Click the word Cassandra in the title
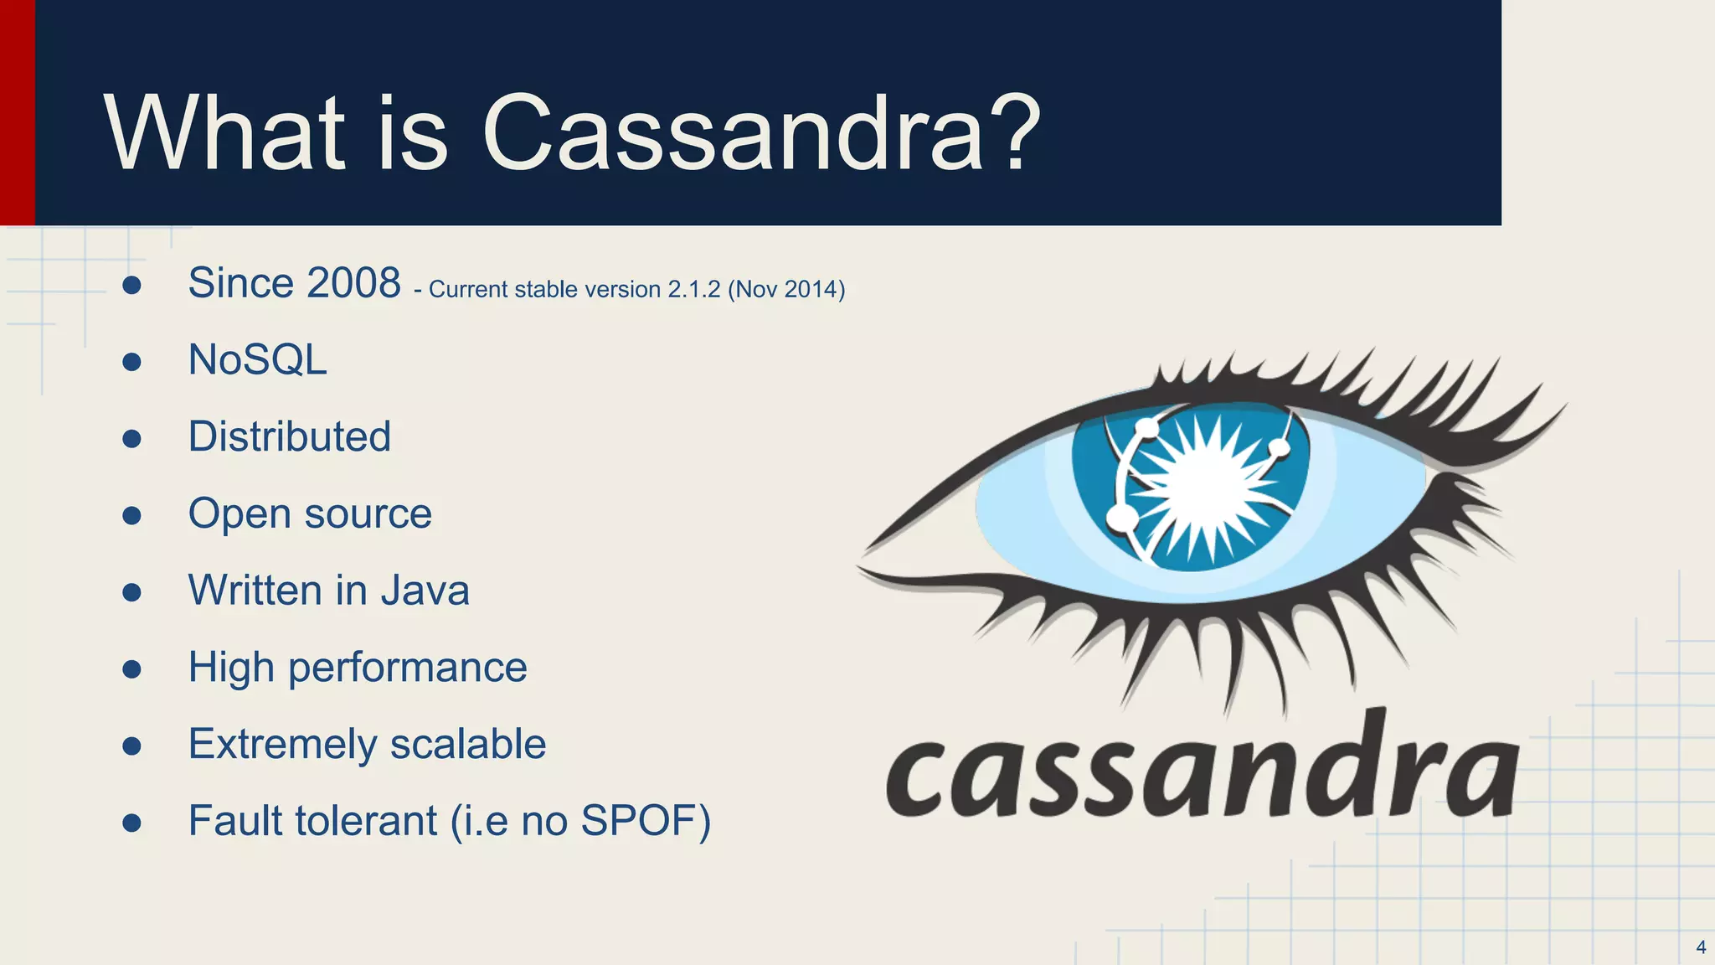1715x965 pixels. click(734, 134)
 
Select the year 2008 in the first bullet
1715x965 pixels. click(353, 283)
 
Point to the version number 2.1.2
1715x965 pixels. click(693, 290)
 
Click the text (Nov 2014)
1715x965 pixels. click(786, 290)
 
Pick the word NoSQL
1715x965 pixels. click(257, 360)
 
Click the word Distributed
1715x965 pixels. click(289, 436)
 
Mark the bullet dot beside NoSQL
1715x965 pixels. click(131, 362)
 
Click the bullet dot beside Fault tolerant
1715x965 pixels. click(131, 823)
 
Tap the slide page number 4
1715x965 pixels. click(1701, 947)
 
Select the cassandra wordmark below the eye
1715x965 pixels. click(1202, 771)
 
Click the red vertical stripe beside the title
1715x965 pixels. click(17, 112)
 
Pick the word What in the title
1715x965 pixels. click(224, 134)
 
